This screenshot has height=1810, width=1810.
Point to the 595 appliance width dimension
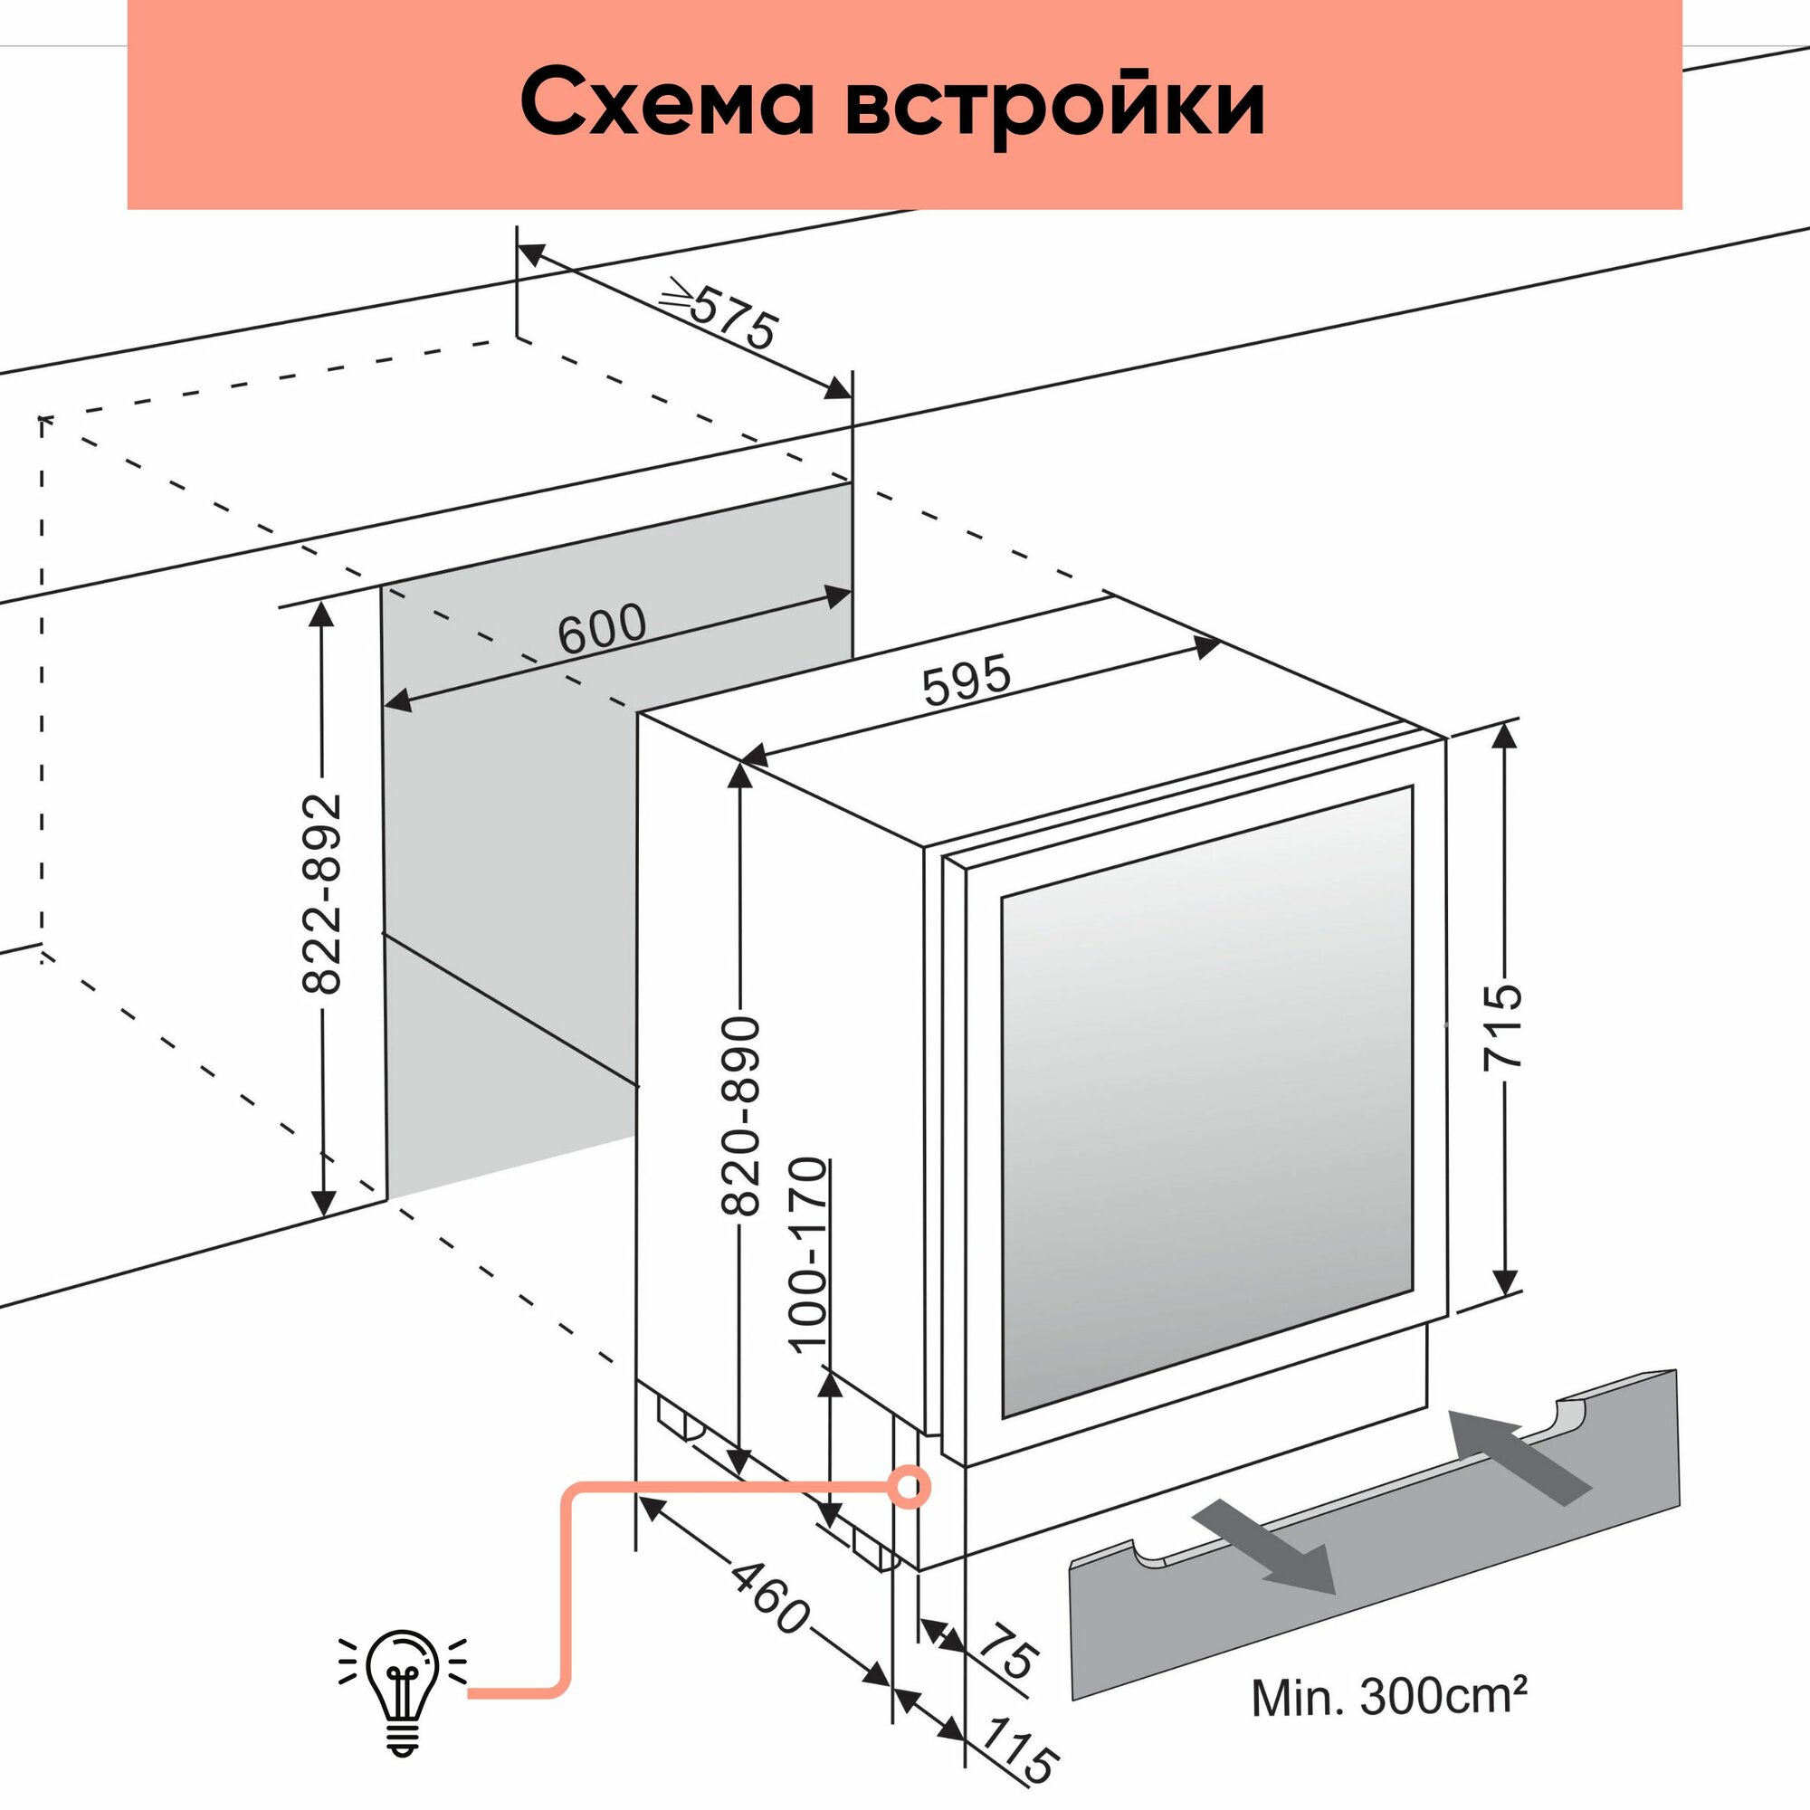(x=967, y=680)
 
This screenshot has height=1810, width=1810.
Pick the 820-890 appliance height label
(x=740, y=1116)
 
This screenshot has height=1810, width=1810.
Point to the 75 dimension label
(x=1008, y=1656)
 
